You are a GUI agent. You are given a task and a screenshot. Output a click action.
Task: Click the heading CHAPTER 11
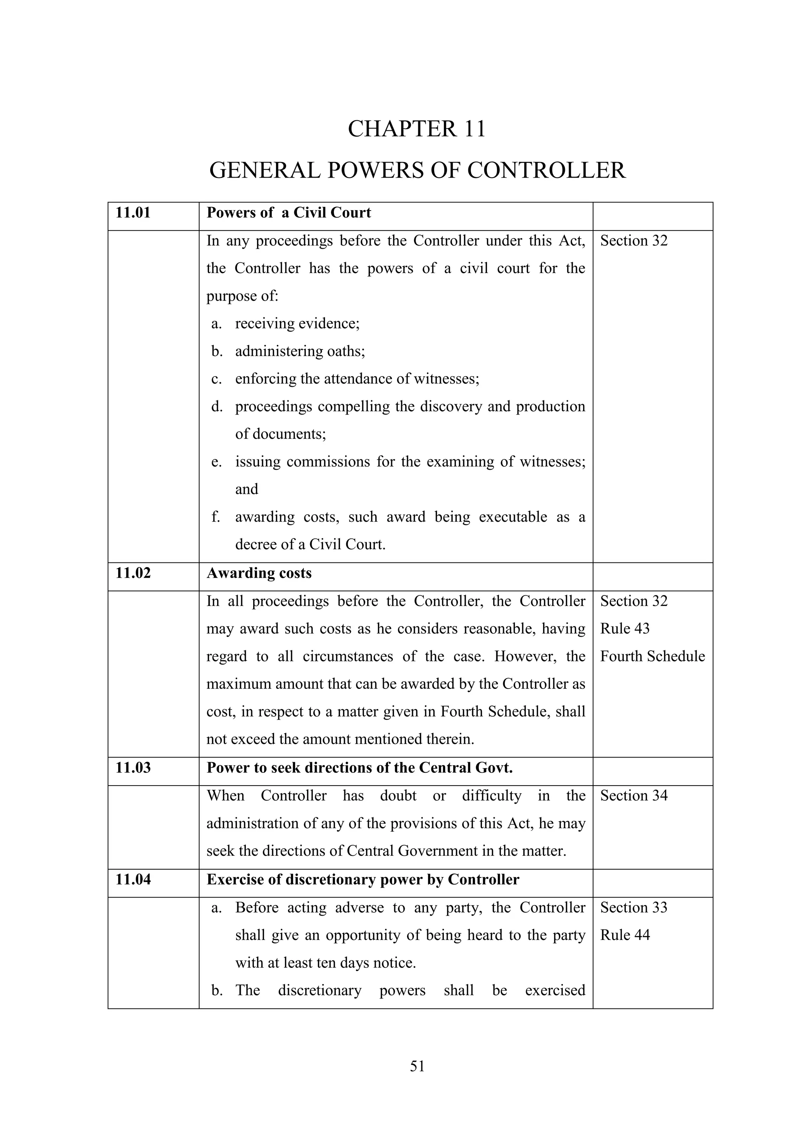(x=416, y=129)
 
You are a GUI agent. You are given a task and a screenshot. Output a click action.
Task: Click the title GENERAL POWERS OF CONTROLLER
(x=417, y=170)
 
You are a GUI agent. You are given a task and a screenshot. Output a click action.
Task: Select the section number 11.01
(x=133, y=213)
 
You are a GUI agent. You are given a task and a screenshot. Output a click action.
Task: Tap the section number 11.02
(x=133, y=573)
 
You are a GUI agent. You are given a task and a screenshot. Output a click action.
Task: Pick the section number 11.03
(x=133, y=767)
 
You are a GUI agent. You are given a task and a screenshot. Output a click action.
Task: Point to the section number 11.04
(x=133, y=879)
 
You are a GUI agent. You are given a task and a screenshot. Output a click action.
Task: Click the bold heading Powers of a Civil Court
(x=288, y=213)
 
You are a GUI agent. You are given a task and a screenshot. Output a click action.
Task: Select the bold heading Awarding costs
(x=259, y=573)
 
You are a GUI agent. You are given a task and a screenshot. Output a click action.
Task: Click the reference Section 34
(x=633, y=796)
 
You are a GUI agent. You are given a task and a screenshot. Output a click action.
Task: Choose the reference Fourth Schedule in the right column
(x=652, y=656)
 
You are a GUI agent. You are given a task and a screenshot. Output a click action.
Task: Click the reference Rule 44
(x=625, y=935)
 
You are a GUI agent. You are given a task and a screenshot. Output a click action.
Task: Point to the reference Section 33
(x=633, y=907)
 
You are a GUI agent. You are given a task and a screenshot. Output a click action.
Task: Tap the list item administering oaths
(x=300, y=351)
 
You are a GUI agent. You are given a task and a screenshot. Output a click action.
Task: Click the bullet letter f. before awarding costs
(x=216, y=517)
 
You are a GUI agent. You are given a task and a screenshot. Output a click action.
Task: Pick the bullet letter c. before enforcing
(x=217, y=379)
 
